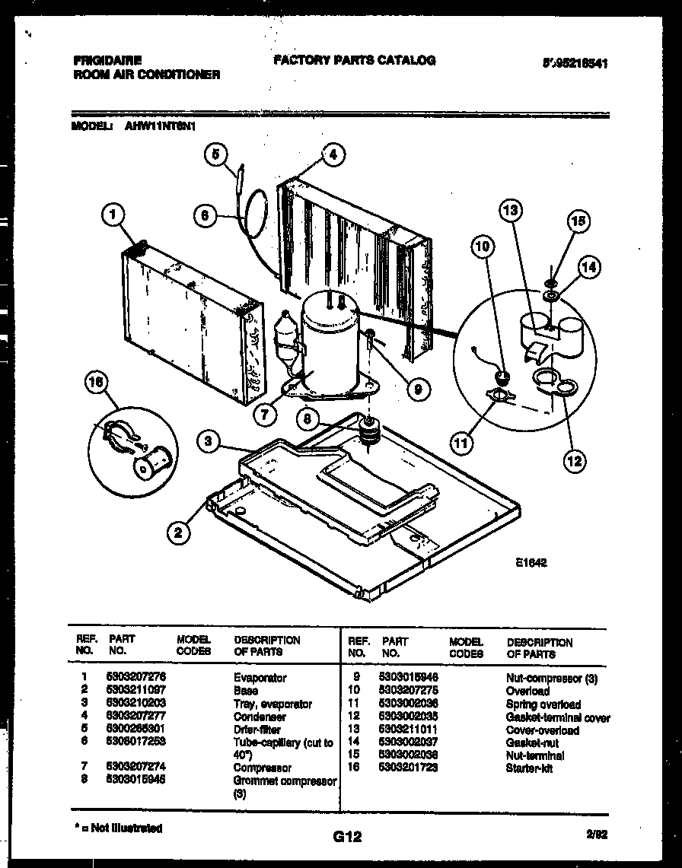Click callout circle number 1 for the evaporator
click(113, 217)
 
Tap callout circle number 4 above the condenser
click(333, 155)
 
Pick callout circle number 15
click(578, 221)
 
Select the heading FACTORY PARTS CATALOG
click(354, 60)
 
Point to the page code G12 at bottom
click(346, 837)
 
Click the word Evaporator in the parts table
click(260, 678)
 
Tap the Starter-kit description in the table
click(529, 768)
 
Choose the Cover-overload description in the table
click(542, 730)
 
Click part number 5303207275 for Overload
click(410, 691)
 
